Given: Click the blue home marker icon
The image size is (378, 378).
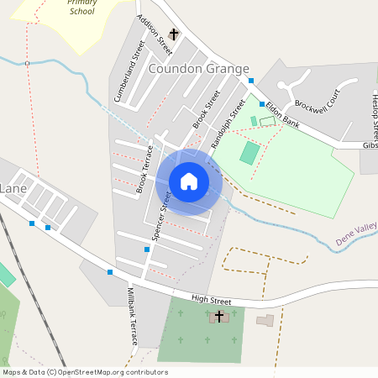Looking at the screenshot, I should click(189, 181).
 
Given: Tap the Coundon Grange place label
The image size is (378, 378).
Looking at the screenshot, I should click(199, 70).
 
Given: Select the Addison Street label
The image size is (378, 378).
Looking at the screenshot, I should click(150, 34).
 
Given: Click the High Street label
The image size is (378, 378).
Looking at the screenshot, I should click(211, 300).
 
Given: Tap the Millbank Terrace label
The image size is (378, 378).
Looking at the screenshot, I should click(132, 316).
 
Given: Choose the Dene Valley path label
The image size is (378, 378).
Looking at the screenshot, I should click(356, 234).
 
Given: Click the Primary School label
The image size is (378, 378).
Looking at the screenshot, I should click(82, 8).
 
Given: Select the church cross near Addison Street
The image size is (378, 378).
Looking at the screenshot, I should click(174, 34).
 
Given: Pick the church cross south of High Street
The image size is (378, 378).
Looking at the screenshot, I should click(219, 316).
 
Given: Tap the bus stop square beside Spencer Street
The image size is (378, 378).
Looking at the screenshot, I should click(147, 249).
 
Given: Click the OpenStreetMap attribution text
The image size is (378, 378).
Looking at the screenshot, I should click(85, 372).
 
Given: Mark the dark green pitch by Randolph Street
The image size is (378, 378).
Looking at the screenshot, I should click(249, 153).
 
